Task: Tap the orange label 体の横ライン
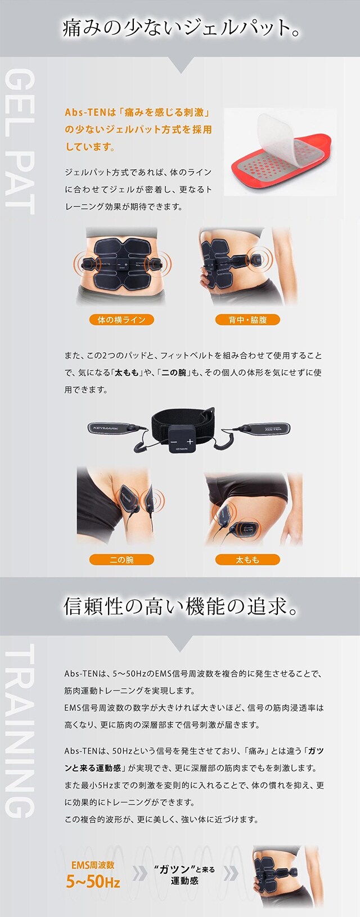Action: tap(121, 320)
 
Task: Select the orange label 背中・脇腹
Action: tap(247, 320)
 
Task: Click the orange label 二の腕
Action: tap(121, 560)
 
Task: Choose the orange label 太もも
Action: tap(247, 560)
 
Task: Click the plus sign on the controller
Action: tap(190, 442)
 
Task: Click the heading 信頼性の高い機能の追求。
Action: tap(180, 606)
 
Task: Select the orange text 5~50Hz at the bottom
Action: tap(93, 882)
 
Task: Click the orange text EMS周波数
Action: tap(93, 865)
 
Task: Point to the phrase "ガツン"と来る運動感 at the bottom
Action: tap(184, 875)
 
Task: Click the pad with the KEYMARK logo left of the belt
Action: tap(110, 428)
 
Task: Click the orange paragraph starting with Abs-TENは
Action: tap(138, 129)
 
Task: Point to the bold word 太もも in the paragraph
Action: tap(126, 372)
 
